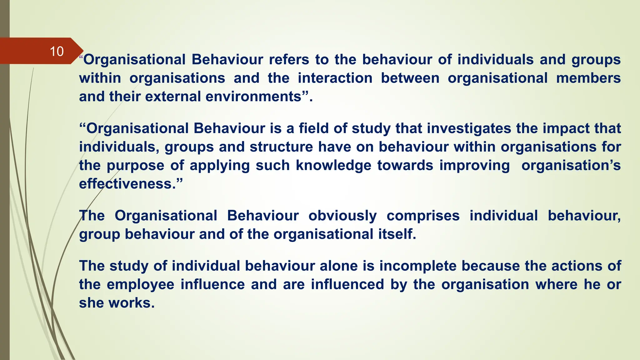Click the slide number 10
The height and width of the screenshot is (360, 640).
coord(57,52)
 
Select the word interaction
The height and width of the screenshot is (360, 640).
coord(335,78)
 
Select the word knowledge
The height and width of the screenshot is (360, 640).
coord(333,165)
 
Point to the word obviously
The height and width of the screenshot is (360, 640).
coord(342,216)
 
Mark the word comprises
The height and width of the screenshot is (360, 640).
coord(423,216)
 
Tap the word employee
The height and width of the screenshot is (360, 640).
coord(140,284)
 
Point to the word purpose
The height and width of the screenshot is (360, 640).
coord(135,166)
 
